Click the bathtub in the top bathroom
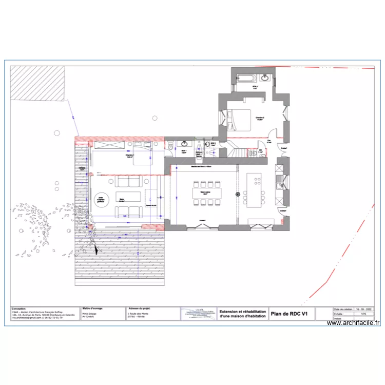tap(246, 78)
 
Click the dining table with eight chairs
tap(207, 192)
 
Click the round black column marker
tap(238, 194)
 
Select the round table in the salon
tap(101, 198)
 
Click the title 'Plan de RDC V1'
tap(289, 314)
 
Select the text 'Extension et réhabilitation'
tap(242, 311)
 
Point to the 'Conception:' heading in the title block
tap(19, 309)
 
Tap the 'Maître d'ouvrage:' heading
tap(93, 309)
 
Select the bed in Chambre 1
tap(141, 160)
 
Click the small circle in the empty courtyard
tap(153, 118)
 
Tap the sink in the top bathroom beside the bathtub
tap(265, 78)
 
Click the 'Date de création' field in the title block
tap(342, 309)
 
